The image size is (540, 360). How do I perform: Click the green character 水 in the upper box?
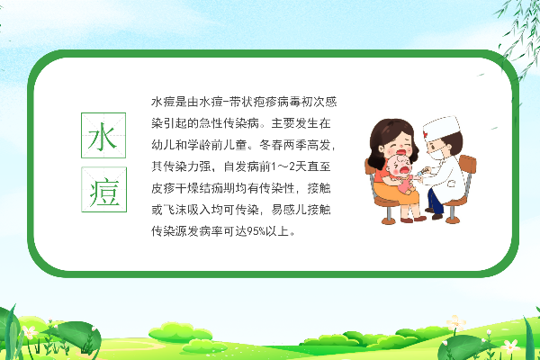click(x=103, y=137)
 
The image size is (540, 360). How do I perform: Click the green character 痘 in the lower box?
click(x=104, y=192)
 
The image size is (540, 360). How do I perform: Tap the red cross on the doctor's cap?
click(x=426, y=135)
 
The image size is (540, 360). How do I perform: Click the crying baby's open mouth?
click(x=404, y=169)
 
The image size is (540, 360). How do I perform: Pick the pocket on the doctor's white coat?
click(x=452, y=184)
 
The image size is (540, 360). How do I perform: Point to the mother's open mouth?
click(x=400, y=152)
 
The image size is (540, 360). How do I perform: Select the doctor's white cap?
click(x=442, y=128)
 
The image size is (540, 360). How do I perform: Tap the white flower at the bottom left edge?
click(x=30, y=332)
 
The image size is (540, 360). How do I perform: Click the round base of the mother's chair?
click(x=389, y=220)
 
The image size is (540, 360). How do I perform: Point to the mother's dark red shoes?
click(x=413, y=219)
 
